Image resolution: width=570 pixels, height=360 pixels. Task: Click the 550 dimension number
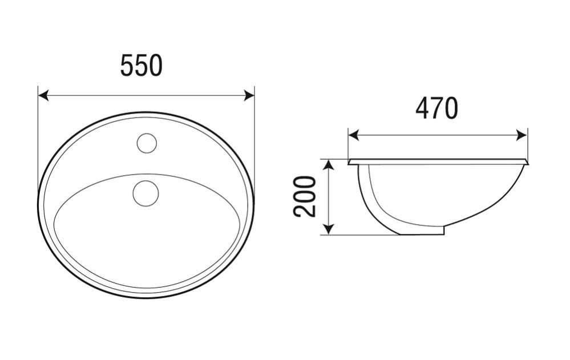(142, 66)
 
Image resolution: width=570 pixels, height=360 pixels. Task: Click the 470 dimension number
(436, 108)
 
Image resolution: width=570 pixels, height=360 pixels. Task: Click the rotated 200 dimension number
(305, 197)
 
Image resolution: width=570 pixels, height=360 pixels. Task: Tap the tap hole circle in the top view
(147, 143)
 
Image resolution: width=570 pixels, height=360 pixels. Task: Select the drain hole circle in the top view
(145, 193)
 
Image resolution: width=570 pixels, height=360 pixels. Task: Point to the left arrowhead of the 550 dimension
(43, 96)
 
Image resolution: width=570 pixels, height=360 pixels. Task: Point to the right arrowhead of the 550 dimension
(249, 96)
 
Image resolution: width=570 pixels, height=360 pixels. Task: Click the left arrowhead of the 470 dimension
(354, 136)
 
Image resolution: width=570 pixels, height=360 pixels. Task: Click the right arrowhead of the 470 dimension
(522, 136)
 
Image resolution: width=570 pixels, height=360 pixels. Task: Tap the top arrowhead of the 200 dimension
(329, 165)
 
